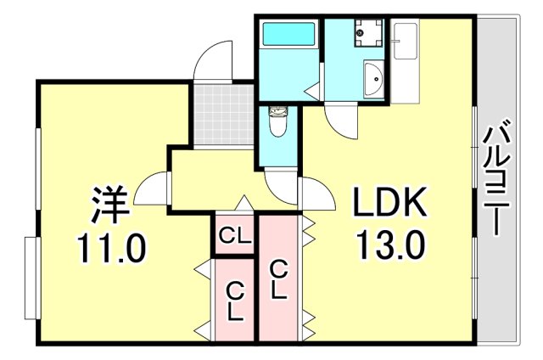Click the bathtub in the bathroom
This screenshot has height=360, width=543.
pos(288,35)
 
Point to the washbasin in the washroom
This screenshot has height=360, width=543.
pos(373,82)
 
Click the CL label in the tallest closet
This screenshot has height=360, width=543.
pos(277,280)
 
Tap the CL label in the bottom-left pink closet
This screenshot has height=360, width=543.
pos(235,301)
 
